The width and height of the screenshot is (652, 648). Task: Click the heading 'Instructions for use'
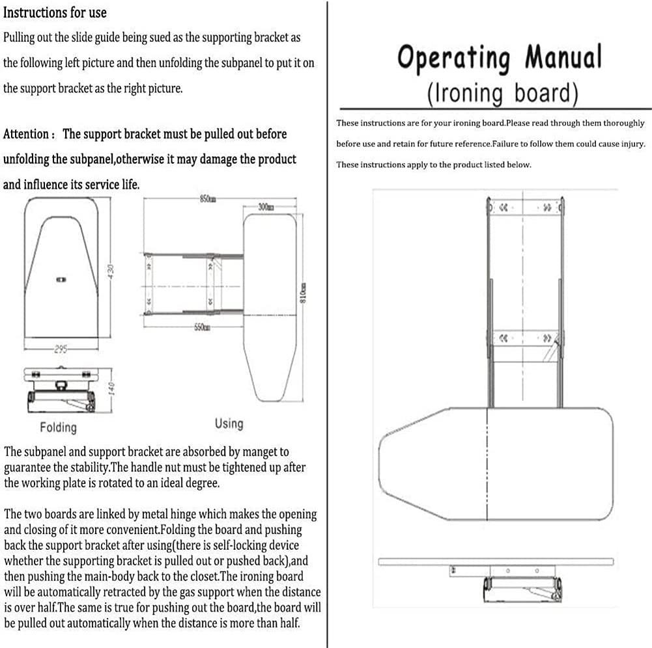pyautogui.click(x=55, y=12)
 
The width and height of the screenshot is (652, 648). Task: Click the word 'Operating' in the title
pyautogui.click(x=453, y=59)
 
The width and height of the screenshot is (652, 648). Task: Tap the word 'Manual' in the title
pyautogui.click(x=563, y=57)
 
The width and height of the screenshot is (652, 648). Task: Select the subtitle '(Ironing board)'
pyautogui.click(x=503, y=93)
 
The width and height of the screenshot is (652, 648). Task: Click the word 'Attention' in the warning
pyautogui.click(x=25, y=135)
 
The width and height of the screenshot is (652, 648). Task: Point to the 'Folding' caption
pyautogui.click(x=58, y=427)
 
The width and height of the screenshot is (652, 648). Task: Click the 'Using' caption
pyautogui.click(x=229, y=424)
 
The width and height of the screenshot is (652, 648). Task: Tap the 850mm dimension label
pyautogui.click(x=207, y=199)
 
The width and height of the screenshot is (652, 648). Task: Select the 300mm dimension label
pyautogui.click(x=266, y=208)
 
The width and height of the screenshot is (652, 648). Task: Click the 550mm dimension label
pyautogui.click(x=201, y=327)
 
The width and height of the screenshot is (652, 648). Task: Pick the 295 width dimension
pyautogui.click(x=60, y=349)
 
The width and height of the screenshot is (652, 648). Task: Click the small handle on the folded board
pyautogui.click(x=61, y=279)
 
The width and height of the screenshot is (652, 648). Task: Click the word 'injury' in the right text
pyautogui.click(x=631, y=144)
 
